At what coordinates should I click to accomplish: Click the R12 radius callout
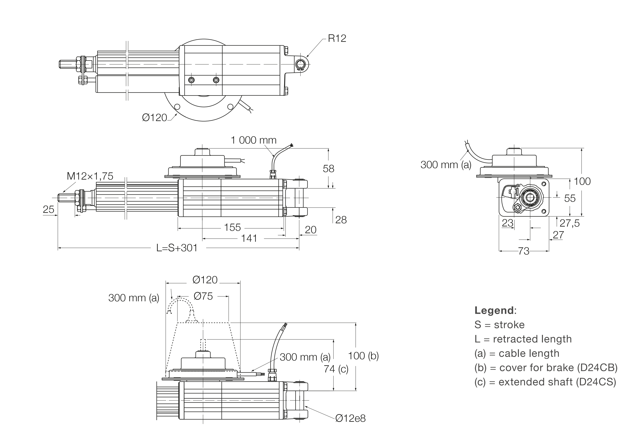pyautogui.click(x=337, y=38)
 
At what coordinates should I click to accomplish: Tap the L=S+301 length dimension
pyautogui.click(x=177, y=248)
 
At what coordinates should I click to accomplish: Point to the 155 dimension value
pyautogui.click(x=232, y=228)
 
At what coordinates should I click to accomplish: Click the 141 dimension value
pyautogui.click(x=249, y=239)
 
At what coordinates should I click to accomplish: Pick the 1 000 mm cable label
pyautogui.click(x=253, y=140)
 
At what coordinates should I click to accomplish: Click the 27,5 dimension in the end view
pyautogui.click(x=570, y=223)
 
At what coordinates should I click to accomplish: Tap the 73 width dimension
pyautogui.click(x=524, y=251)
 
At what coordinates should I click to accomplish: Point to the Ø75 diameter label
pyautogui.click(x=203, y=296)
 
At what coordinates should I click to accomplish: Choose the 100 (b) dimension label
pyautogui.click(x=363, y=356)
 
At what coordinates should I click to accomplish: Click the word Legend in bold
pyautogui.click(x=494, y=310)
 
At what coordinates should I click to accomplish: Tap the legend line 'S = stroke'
pyautogui.click(x=499, y=325)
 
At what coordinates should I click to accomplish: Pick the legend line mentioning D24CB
pyautogui.click(x=546, y=368)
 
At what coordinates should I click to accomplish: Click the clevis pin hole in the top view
pyautogui.click(x=300, y=65)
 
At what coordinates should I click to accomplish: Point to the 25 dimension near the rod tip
pyautogui.click(x=48, y=210)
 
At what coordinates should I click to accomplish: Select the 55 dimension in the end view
pyautogui.click(x=570, y=198)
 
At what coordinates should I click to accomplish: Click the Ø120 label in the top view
pyautogui.click(x=154, y=118)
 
